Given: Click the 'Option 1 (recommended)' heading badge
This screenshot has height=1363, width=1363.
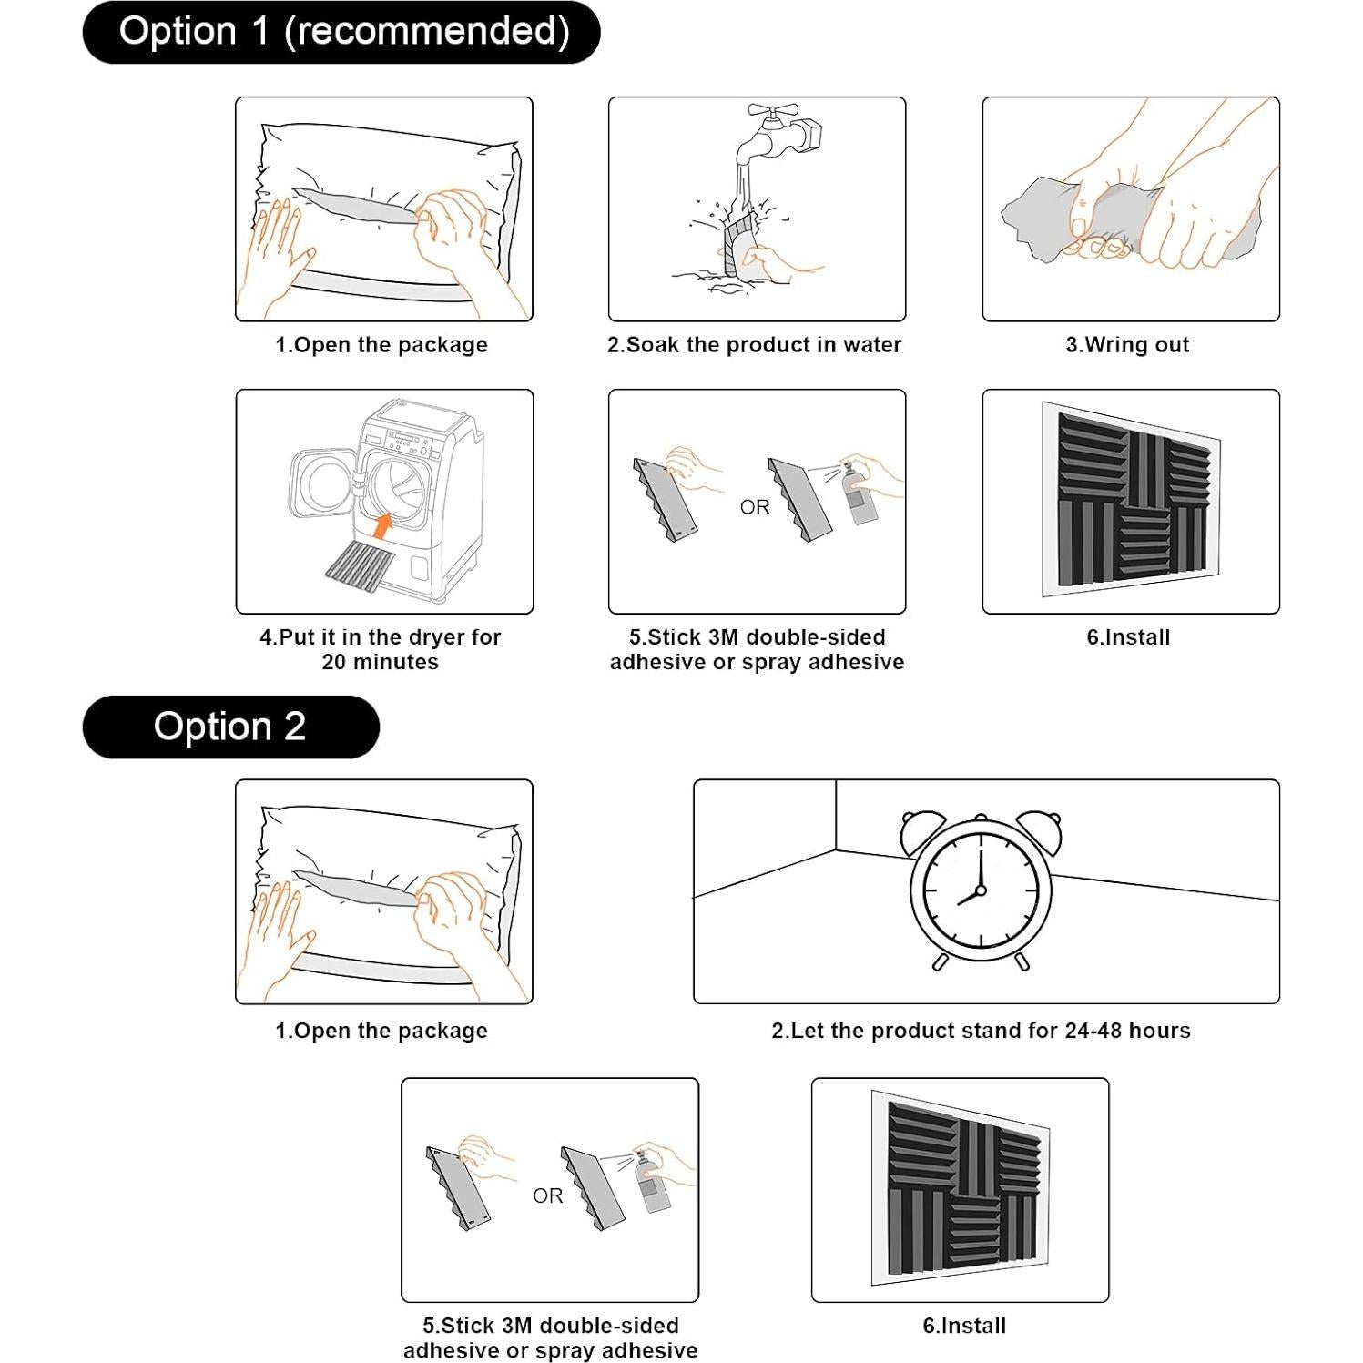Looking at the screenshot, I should (341, 33).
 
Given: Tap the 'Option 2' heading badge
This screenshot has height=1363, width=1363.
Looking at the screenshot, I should (230, 727).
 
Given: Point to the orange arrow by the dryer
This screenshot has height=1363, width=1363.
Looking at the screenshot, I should (383, 525).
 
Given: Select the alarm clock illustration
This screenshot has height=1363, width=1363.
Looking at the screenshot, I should (981, 890).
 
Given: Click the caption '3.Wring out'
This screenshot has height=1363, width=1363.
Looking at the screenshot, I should (1127, 345).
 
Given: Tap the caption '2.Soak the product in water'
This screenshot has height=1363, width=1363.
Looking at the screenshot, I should (754, 345).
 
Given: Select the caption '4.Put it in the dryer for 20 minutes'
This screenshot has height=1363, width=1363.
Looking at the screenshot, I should (381, 649).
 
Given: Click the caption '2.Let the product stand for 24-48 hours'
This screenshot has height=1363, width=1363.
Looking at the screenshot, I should (981, 1031).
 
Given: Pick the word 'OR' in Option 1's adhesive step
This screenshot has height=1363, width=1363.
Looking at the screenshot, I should (755, 507).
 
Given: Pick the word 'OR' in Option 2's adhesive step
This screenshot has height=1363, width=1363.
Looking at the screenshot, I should (547, 1195).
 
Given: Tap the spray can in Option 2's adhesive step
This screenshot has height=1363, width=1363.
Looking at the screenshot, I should (653, 1185).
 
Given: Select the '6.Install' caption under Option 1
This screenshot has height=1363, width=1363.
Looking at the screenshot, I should (1128, 637).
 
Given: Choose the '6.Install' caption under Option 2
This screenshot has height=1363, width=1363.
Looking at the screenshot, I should (964, 1326).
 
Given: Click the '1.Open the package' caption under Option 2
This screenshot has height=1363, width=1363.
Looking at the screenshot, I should (381, 1031).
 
